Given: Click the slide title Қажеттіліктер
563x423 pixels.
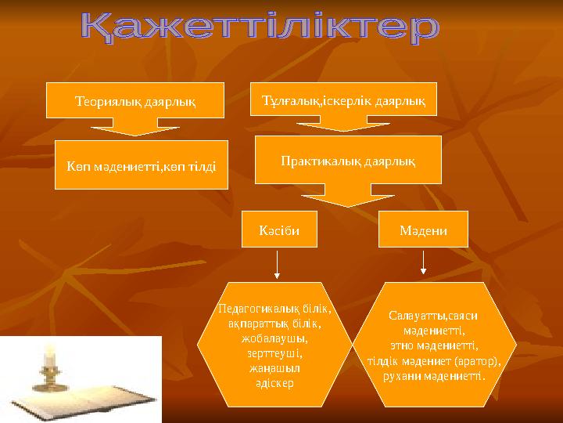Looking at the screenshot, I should click(x=260, y=30).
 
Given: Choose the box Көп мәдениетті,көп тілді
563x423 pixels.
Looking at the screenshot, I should click(x=141, y=164).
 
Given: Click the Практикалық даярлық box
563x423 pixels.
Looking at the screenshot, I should click(x=348, y=160).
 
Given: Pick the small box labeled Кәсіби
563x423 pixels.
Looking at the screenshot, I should click(x=278, y=230).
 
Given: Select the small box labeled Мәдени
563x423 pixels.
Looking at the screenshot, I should click(x=423, y=230).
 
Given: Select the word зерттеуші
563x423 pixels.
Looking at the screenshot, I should click(x=271, y=354).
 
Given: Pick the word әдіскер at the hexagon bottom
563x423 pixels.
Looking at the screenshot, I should click(x=274, y=384).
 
